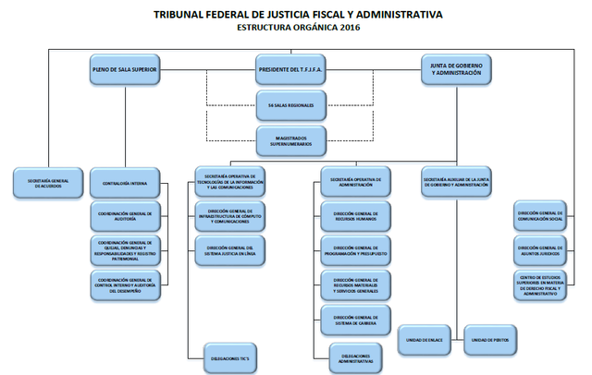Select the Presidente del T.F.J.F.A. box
[x=291, y=69]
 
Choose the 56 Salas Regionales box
[x=291, y=105]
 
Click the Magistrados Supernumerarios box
[x=291, y=139]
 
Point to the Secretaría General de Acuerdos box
[x=47, y=183]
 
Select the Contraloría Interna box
[x=125, y=183]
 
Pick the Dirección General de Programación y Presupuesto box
[x=356, y=248]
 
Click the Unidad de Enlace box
[x=425, y=340]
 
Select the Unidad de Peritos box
[x=488, y=340]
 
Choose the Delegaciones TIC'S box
[x=230, y=356]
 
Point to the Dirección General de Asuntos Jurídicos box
[x=541, y=248]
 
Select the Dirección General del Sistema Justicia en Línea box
[x=230, y=249]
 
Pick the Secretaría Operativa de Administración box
[x=356, y=183]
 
